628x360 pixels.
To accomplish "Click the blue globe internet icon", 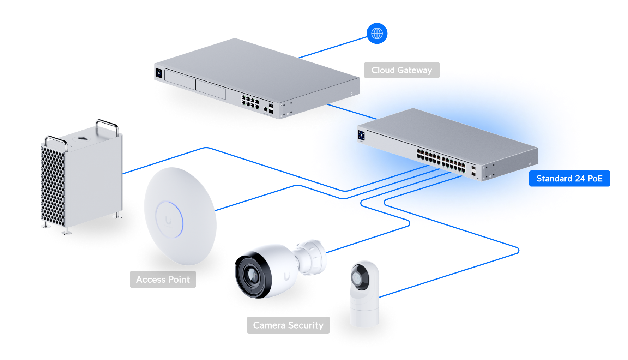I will pyautogui.click(x=377, y=34).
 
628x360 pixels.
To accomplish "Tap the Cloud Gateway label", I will pyautogui.click(x=401, y=70).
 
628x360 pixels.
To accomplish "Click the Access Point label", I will pyautogui.click(x=163, y=280).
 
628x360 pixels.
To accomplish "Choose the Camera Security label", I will pyautogui.click(x=288, y=325).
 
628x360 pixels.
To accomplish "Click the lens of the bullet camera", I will pyautogui.click(x=252, y=275).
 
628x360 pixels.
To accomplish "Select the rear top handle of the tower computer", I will pyautogui.click(x=107, y=124).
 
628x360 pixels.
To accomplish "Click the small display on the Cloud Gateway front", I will pyautogui.click(x=158, y=73).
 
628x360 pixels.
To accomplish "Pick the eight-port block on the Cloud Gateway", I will pyautogui.click(x=250, y=101).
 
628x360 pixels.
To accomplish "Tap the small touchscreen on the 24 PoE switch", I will pyautogui.click(x=361, y=135).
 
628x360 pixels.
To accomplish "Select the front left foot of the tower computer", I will pyautogui.click(x=66, y=232).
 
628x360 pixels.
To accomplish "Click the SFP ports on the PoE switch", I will pyautogui.click(x=473, y=171).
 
